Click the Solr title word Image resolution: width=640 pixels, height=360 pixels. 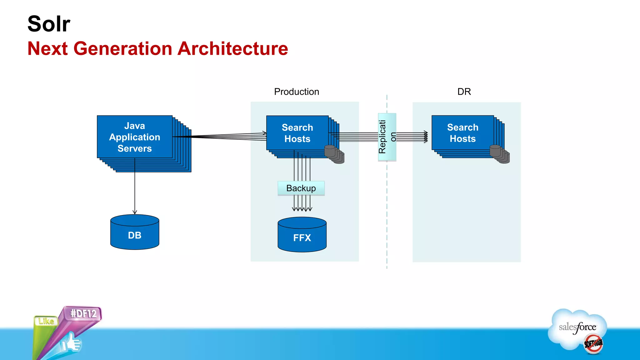coord(49,24)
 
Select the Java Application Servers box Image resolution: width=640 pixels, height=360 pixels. coord(135,137)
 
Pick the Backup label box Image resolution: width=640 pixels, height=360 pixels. coord(301,188)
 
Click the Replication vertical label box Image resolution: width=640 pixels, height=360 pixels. coord(387,137)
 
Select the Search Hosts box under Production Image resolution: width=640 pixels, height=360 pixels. coord(297,133)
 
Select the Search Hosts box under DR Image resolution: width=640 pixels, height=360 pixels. coord(462,133)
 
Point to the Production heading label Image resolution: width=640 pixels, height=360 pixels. coord(296,92)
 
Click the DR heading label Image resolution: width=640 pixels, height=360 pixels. coord(464,92)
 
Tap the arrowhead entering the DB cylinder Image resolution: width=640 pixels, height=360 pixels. coord(135,212)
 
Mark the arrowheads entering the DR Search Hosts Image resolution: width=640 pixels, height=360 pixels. coord(426,137)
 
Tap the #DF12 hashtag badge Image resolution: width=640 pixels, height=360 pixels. coord(83,313)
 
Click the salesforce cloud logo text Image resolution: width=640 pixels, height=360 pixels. coord(577,327)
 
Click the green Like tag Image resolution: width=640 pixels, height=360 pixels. coord(46,321)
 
